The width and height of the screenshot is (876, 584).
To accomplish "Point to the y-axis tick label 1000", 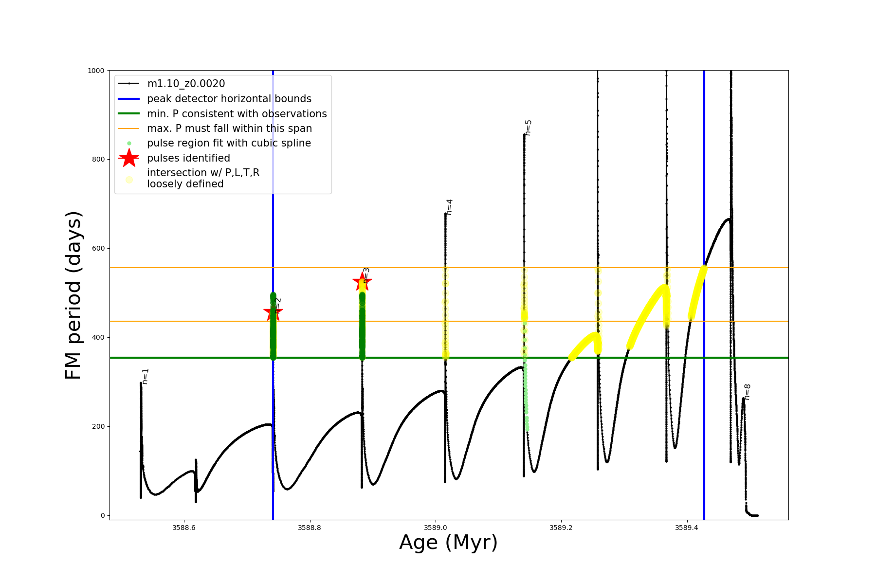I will coord(96,71).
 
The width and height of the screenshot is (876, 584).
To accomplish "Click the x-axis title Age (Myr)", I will coord(448,543).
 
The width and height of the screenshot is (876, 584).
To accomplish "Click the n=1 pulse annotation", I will coord(146,376).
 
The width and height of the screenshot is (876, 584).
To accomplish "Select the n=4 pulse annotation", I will coord(449,207).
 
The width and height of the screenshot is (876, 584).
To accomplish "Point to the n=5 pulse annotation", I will coord(529,128).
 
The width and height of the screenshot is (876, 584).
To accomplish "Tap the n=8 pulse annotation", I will coord(748,392).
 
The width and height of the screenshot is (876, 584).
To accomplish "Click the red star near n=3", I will coord(362,281).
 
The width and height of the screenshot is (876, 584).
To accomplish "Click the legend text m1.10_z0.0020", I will coord(186,84).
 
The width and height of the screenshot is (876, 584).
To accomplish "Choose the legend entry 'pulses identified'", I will coord(188,158).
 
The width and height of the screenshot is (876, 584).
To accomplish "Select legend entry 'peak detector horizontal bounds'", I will coord(229,99).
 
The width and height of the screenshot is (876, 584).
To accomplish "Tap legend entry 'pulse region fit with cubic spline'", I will coord(229,143).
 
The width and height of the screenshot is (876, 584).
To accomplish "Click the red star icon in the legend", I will coord(129,158).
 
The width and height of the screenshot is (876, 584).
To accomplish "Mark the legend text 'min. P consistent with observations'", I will coord(237,114).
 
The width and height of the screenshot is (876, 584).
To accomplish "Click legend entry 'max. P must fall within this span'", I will coord(229,128).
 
